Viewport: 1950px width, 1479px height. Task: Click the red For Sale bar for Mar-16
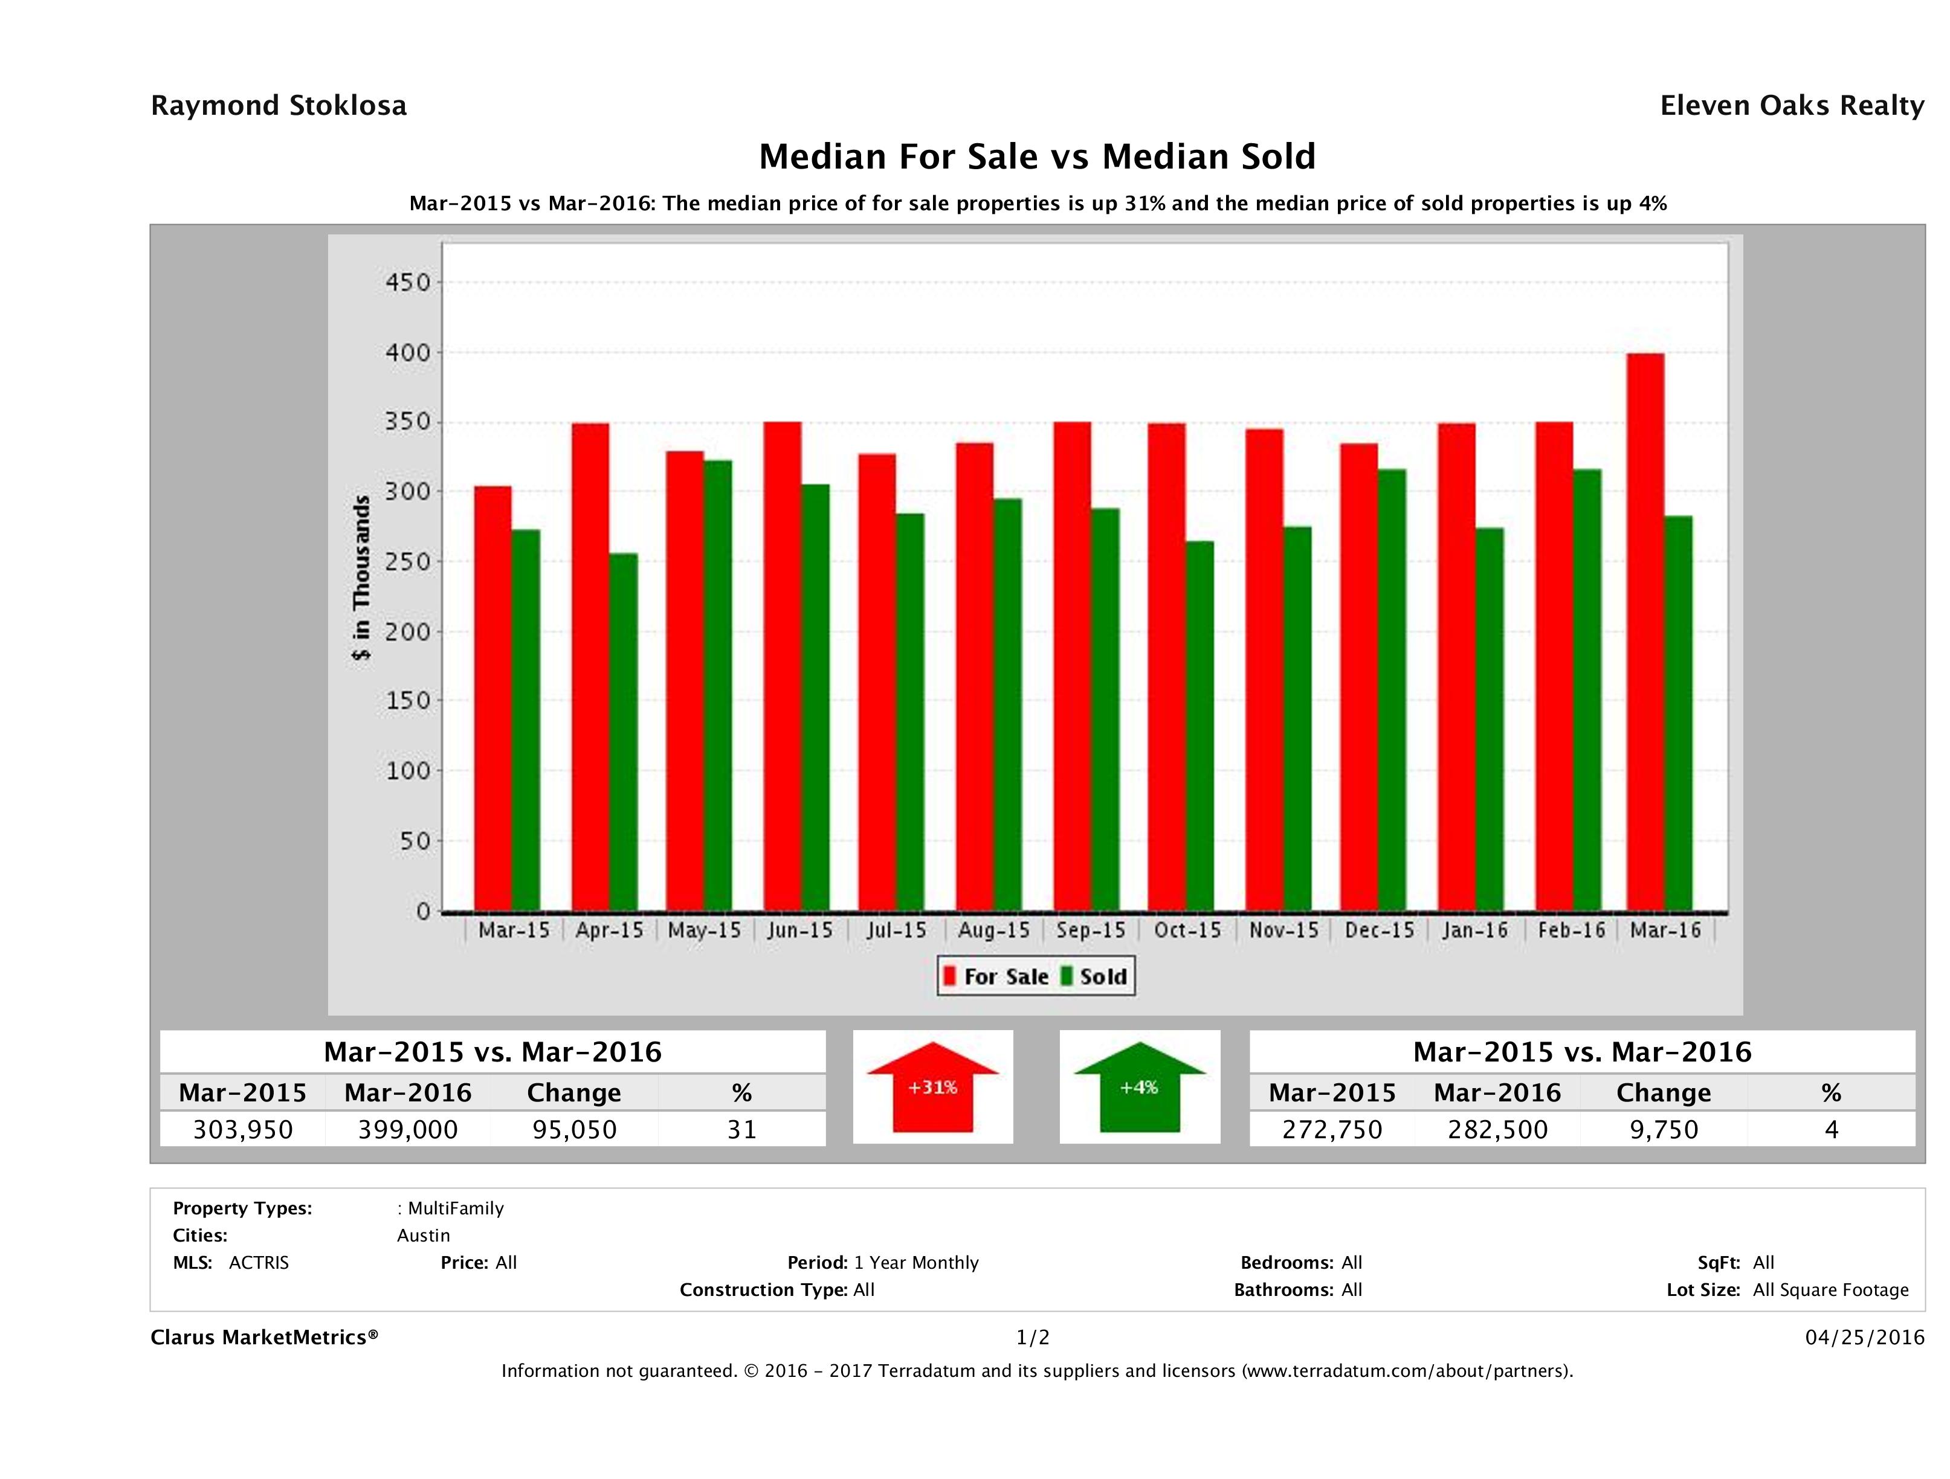(1645, 632)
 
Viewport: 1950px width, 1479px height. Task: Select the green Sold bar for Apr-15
(623, 732)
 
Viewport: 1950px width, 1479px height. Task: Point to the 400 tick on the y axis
(407, 353)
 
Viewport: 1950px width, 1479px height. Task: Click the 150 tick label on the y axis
(407, 701)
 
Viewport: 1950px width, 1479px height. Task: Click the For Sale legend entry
(996, 976)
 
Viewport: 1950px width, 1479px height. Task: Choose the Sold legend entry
(1094, 976)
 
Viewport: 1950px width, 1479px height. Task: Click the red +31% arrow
(932, 1087)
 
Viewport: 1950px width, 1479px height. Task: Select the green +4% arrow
(1139, 1087)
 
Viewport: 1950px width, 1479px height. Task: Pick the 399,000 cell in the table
(408, 1129)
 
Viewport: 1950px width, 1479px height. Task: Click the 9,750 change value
(1664, 1129)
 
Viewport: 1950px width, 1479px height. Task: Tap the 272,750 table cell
(1332, 1129)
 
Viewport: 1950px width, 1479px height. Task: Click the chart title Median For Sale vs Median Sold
(1037, 157)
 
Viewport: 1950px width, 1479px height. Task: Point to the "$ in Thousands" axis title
(361, 578)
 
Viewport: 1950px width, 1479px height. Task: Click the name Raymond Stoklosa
(279, 106)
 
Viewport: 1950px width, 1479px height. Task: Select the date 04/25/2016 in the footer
(1864, 1337)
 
